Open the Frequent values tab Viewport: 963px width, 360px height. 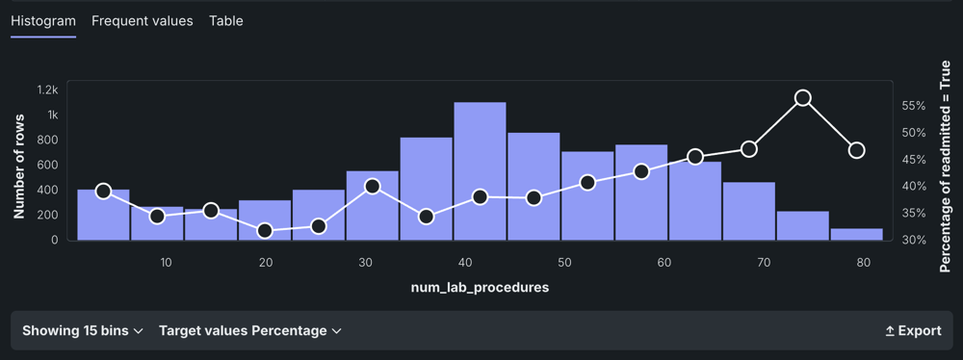click(142, 21)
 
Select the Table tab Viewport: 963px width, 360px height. click(226, 21)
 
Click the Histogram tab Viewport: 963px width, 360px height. click(43, 21)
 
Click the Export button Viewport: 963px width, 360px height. click(913, 331)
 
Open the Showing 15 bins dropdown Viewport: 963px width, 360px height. click(82, 331)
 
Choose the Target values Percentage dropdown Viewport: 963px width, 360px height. click(250, 331)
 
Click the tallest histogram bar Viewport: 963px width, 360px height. click(481, 170)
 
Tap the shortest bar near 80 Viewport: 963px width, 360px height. click(856, 234)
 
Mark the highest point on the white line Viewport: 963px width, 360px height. click(803, 98)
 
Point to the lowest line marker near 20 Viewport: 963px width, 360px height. click(266, 231)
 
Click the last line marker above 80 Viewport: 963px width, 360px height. click(857, 150)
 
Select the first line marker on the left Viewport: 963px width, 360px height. click(104, 191)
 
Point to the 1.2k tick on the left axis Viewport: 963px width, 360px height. click(47, 90)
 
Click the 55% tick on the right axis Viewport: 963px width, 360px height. click(913, 106)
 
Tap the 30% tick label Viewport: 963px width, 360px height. click(913, 240)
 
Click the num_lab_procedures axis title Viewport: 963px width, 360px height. click(480, 288)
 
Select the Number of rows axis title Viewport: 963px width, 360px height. click(19, 166)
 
